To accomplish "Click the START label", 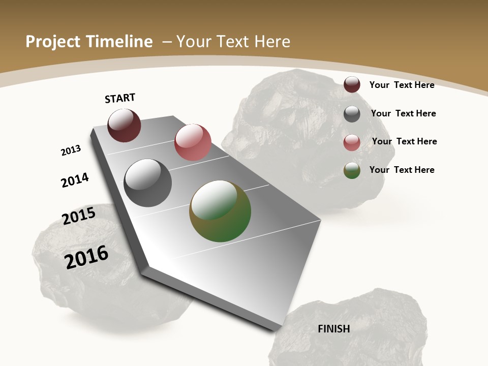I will pyautogui.click(x=120, y=98).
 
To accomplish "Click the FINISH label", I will pyautogui.click(x=334, y=329).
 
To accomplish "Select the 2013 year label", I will pyautogui.click(x=71, y=150).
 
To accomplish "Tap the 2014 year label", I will pyautogui.click(x=75, y=180).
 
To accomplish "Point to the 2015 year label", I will pyautogui.click(x=79, y=216).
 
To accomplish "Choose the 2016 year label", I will pyautogui.click(x=87, y=257).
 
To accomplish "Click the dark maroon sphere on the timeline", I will pyautogui.click(x=124, y=126).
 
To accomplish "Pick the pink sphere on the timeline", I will pyautogui.click(x=193, y=142).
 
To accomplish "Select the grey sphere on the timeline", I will pyautogui.click(x=148, y=183).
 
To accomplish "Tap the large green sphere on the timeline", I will pyautogui.click(x=220, y=211).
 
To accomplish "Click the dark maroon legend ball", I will pyautogui.click(x=352, y=84).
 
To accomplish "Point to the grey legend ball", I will pyautogui.click(x=352, y=114).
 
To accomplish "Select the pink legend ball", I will pyautogui.click(x=352, y=143).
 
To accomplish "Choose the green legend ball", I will pyautogui.click(x=352, y=171).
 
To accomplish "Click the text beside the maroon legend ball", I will pyautogui.click(x=402, y=85).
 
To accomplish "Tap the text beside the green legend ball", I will pyautogui.click(x=402, y=170).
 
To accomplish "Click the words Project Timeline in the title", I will pyautogui.click(x=89, y=42).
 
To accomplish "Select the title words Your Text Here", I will pyautogui.click(x=233, y=42).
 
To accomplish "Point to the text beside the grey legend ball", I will pyautogui.click(x=403, y=113).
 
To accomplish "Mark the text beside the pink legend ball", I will pyautogui.click(x=404, y=141).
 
